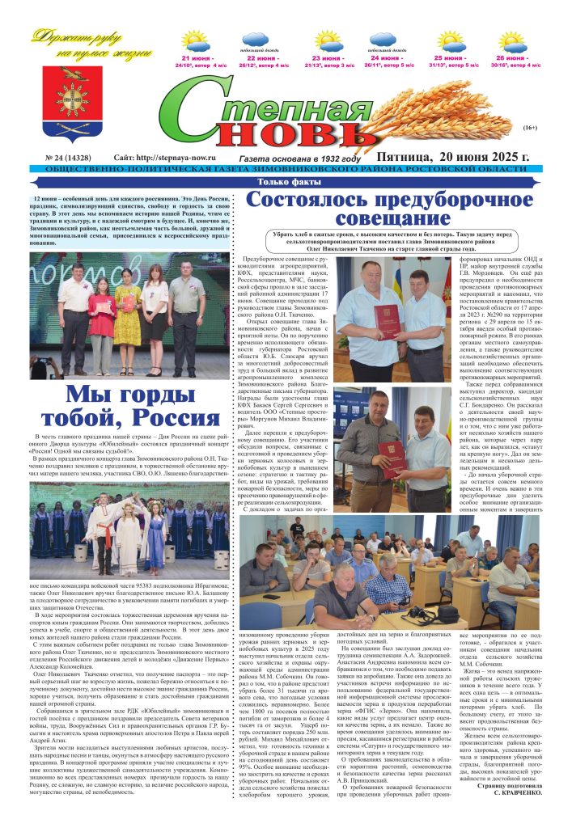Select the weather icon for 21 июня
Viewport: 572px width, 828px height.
pyautogui.click(x=195, y=41)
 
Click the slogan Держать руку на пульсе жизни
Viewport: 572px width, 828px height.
pyautogui.click(x=92, y=44)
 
